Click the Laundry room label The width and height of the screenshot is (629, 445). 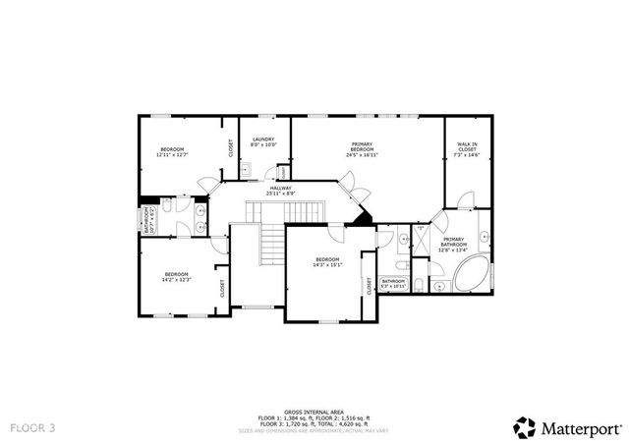pyautogui.click(x=263, y=139)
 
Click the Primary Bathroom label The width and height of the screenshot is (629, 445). pyautogui.click(x=453, y=240)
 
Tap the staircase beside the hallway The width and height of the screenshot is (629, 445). pyautogui.click(x=284, y=212)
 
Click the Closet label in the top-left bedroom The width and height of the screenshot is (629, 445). pyautogui.click(x=231, y=148)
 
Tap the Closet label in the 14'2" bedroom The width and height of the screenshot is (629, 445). pyautogui.click(x=222, y=288)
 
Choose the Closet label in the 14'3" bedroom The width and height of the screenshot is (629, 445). pyautogui.click(x=370, y=286)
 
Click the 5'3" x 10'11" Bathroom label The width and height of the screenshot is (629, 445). pyautogui.click(x=394, y=282)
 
